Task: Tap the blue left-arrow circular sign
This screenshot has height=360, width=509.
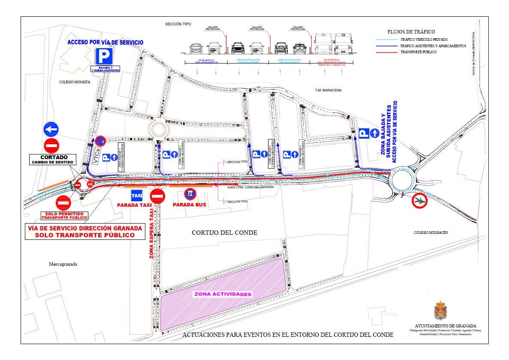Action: [51, 129]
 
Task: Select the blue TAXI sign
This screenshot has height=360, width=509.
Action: [136, 196]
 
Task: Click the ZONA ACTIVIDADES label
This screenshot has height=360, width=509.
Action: [223, 294]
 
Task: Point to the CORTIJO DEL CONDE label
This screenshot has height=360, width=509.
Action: [224, 233]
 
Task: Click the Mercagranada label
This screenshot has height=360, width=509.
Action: [63, 264]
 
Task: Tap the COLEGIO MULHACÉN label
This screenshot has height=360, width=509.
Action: [431, 232]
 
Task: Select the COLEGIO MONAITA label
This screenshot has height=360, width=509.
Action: [75, 82]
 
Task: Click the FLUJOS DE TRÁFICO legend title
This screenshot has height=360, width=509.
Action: [411, 32]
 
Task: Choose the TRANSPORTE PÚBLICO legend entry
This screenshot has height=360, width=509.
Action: [418, 52]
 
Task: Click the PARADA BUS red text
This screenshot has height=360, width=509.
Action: [189, 205]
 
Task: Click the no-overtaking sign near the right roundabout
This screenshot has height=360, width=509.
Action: [420, 200]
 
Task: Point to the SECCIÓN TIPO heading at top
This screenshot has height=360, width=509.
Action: [178, 24]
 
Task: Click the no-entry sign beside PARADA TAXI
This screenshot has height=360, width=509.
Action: [158, 196]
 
